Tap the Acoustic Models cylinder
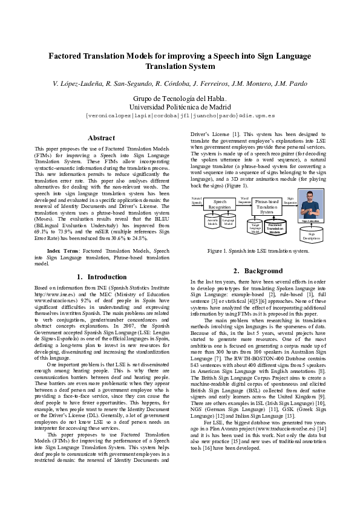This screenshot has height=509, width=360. pyautogui.click(x=213, y=222)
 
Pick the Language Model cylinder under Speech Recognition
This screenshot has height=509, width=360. pyautogui.click(x=228, y=222)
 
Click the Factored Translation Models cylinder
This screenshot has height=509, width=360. pyautogui.click(x=275, y=227)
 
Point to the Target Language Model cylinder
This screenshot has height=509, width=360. pyautogui.click(x=256, y=227)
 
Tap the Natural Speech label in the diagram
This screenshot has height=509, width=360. pyautogui.click(x=197, y=200)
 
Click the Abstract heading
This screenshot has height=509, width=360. pyautogui.click(x=101, y=138)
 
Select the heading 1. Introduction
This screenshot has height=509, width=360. pyautogui.click(x=102, y=277)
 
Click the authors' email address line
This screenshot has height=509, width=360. pyautogui.click(x=180, y=115)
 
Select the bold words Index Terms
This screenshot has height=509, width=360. pyautogui.click(x=62, y=250)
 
